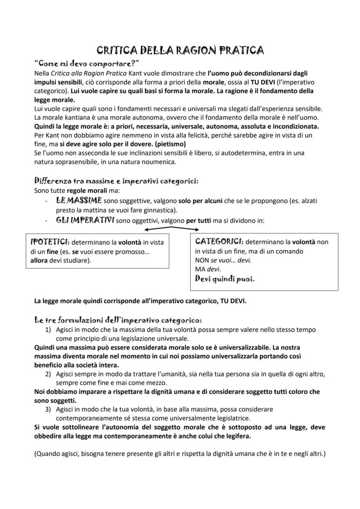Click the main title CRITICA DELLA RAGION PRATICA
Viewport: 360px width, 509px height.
[x=180, y=50]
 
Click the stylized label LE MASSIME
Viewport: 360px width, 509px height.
[x=79, y=200]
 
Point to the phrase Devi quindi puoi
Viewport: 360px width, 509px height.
[x=225, y=279]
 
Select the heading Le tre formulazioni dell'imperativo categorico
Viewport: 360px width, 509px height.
[x=117, y=320]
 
